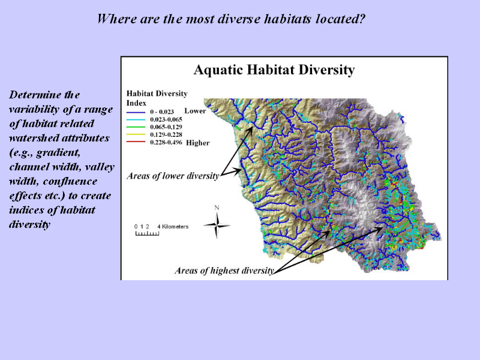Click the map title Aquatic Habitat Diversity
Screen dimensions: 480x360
click(x=274, y=70)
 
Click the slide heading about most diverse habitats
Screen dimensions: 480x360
click(x=231, y=19)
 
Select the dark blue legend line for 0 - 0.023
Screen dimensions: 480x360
click(x=136, y=112)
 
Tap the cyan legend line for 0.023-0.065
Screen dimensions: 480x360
click(x=136, y=119)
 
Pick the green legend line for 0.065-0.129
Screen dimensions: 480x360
click(x=136, y=127)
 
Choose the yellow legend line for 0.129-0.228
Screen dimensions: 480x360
click(x=136, y=134)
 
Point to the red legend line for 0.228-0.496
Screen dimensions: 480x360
click(x=136, y=142)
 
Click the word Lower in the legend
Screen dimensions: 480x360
click(x=195, y=110)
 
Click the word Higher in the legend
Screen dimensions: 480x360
click(x=198, y=143)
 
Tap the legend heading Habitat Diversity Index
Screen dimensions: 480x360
click(x=157, y=98)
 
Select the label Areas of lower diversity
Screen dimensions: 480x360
click(x=173, y=176)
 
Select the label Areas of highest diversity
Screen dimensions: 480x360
click(x=224, y=271)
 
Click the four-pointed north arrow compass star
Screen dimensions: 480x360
click(x=217, y=226)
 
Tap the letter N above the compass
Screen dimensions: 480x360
click(x=217, y=208)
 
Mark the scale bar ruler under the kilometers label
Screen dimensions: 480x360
click(x=147, y=233)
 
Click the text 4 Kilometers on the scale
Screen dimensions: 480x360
click(x=173, y=227)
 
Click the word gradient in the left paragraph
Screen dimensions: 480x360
click(x=58, y=152)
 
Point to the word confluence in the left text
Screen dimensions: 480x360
click(x=70, y=181)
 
